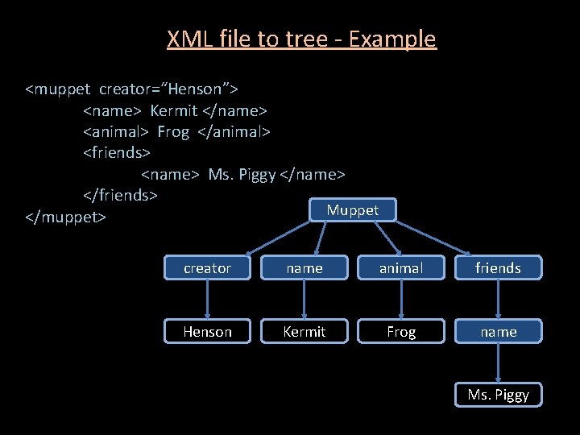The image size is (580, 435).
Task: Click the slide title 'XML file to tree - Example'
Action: [301, 39]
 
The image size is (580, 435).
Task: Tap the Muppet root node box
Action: [353, 210]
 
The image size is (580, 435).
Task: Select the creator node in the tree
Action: [207, 268]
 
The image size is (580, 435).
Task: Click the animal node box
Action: [401, 268]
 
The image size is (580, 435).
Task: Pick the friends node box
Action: [498, 268]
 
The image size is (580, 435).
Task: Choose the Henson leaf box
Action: [207, 331]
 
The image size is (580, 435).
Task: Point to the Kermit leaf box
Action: [304, 331]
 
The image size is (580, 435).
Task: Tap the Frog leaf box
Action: [401, 331]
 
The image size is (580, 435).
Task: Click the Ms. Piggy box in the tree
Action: [498, 395]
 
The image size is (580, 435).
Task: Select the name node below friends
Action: [498, 331]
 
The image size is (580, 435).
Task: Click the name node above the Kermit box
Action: [304, 268]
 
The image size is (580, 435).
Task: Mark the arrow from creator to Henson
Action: [207, 300]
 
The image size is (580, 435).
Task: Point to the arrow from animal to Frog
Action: [401, 300]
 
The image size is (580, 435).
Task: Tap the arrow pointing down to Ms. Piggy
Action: [498, 362]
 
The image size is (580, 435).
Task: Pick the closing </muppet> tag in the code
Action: [66, 217]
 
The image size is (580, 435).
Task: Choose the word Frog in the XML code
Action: [172, 130]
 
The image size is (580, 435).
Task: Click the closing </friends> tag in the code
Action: [120, 195]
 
